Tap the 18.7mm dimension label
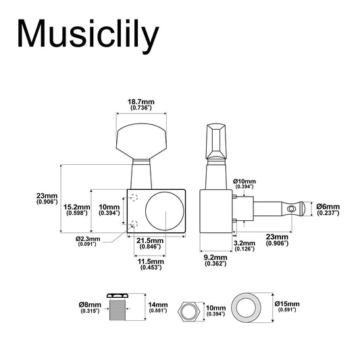tap(141, 105)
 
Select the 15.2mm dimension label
tap(77, 210)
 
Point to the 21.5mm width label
tap(150, 243)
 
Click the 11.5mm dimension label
tap(151, 264)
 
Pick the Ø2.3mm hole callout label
tap(88, 241)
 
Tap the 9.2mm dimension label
tap(215, 260)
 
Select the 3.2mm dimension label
tap(245, 246)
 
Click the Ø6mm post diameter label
tap(328, 209)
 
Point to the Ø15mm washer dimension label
tap(287, 307)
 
